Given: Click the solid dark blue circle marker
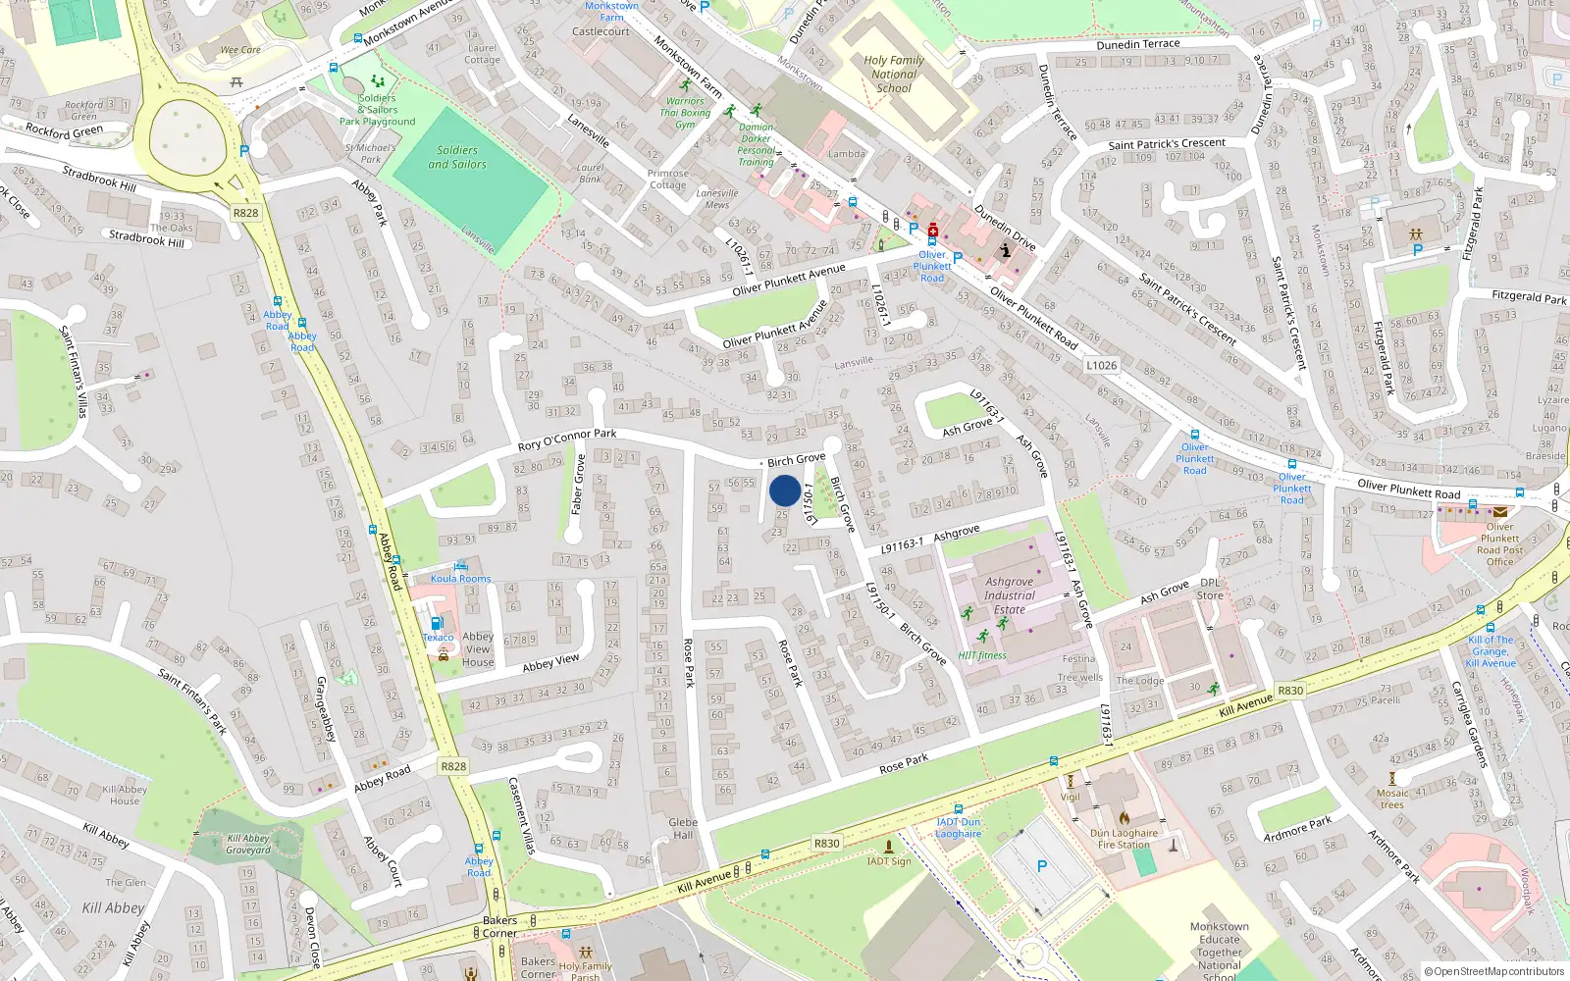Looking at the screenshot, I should tap(785, 490).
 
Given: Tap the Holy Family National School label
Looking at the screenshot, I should tap(894, 74).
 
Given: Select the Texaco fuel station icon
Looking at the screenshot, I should tap(437, 623).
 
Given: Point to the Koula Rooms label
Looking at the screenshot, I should tap(460, 578).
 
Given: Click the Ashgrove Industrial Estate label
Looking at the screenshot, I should tap(1010, 595).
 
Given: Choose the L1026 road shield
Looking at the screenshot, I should tap(1101, 365).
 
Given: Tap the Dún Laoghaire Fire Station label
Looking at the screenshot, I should tap(1124, 839).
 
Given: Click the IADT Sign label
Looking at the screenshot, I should tap(889, 861).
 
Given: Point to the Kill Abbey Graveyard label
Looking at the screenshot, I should tap(248, 844).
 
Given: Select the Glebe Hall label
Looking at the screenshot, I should tap(683, 829).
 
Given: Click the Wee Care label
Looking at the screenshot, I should tap(240, 50).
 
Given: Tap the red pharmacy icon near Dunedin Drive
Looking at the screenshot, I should tap(932, 232).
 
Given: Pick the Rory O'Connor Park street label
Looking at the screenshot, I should tap(567, 439).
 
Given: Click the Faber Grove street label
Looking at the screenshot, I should tap(578, 484).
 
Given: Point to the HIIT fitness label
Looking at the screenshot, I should tap(982, 655).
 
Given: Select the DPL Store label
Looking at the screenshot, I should tap(1210, 589).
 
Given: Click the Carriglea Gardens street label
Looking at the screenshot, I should tap(1469, 723).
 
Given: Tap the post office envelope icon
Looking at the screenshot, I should tap(1500, 512).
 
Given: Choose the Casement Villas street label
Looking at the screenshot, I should tap(521, 815).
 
